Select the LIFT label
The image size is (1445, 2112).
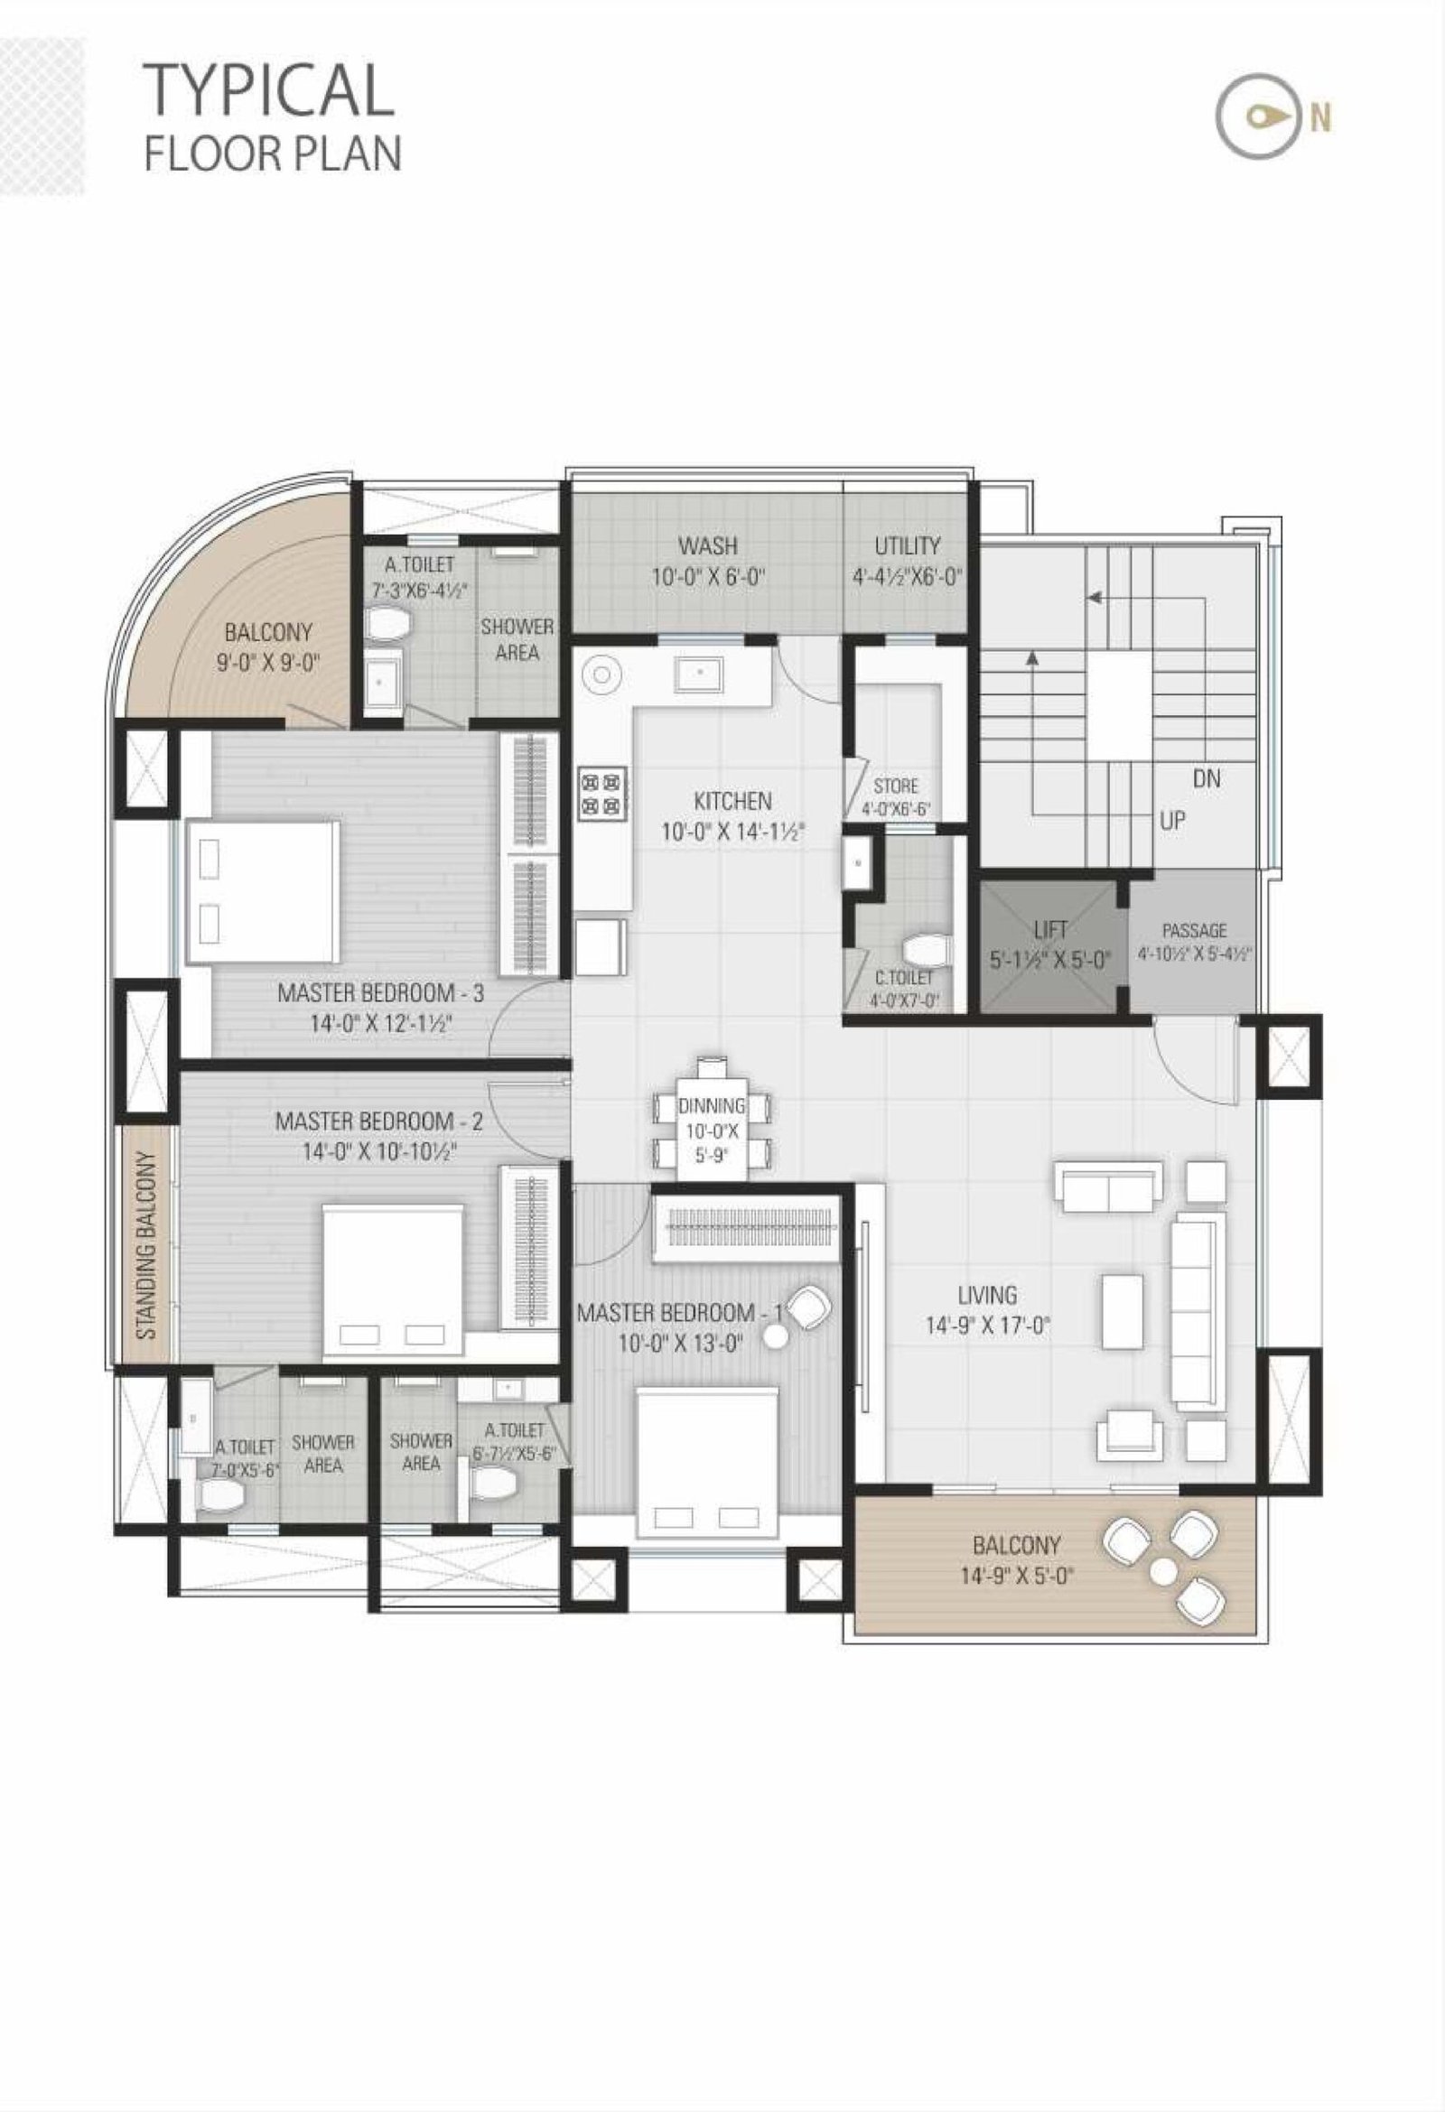coord(1049,930)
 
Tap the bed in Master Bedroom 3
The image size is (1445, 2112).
coord(263,891)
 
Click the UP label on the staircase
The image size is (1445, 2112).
coord(1172,821)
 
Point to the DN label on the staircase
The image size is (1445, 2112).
coord(1207,779)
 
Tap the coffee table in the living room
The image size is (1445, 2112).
coord(1123,1310)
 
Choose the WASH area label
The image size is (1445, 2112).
coord(707,546)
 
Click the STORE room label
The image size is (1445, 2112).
coord(895,786)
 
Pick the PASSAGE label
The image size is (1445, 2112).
coord(1194,931)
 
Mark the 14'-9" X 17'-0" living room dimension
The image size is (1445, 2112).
coord(988,1326)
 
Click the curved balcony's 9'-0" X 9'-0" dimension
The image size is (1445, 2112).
coord(268,663)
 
